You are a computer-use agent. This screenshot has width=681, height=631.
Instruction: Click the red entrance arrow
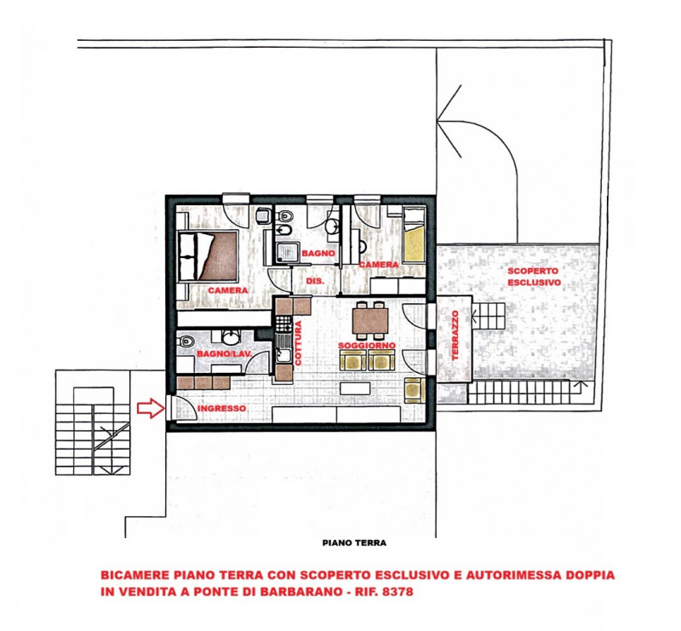(x=151, y=408)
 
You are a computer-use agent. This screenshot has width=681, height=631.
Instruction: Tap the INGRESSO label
(x=221, y=409)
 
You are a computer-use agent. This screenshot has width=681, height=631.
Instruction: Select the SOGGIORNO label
(x=367, y=346)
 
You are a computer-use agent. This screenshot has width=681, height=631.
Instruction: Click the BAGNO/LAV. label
(x=224, y=353)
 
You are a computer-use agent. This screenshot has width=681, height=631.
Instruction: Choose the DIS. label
(x=315, y=281)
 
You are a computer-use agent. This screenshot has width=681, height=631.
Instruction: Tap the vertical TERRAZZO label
(x=455, y=335)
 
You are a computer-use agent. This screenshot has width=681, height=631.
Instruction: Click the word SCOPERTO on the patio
(x=533, y=271)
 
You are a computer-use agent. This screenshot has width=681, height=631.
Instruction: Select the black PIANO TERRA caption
(x=354, y=542)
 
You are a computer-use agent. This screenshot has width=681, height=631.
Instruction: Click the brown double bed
(x=209, y=255)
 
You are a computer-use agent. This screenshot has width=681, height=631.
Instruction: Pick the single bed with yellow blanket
(x=413, y=235)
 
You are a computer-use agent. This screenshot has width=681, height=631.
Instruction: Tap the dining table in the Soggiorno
(x=370, y=321)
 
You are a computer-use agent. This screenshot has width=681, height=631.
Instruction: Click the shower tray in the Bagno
(x=287, y=253)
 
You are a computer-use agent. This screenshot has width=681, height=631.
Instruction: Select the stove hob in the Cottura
(x=283, y=323)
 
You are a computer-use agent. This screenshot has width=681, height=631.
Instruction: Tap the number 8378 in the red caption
(x=397, y=592)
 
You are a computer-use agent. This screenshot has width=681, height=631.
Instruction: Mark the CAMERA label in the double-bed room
(x=228, y=290)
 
